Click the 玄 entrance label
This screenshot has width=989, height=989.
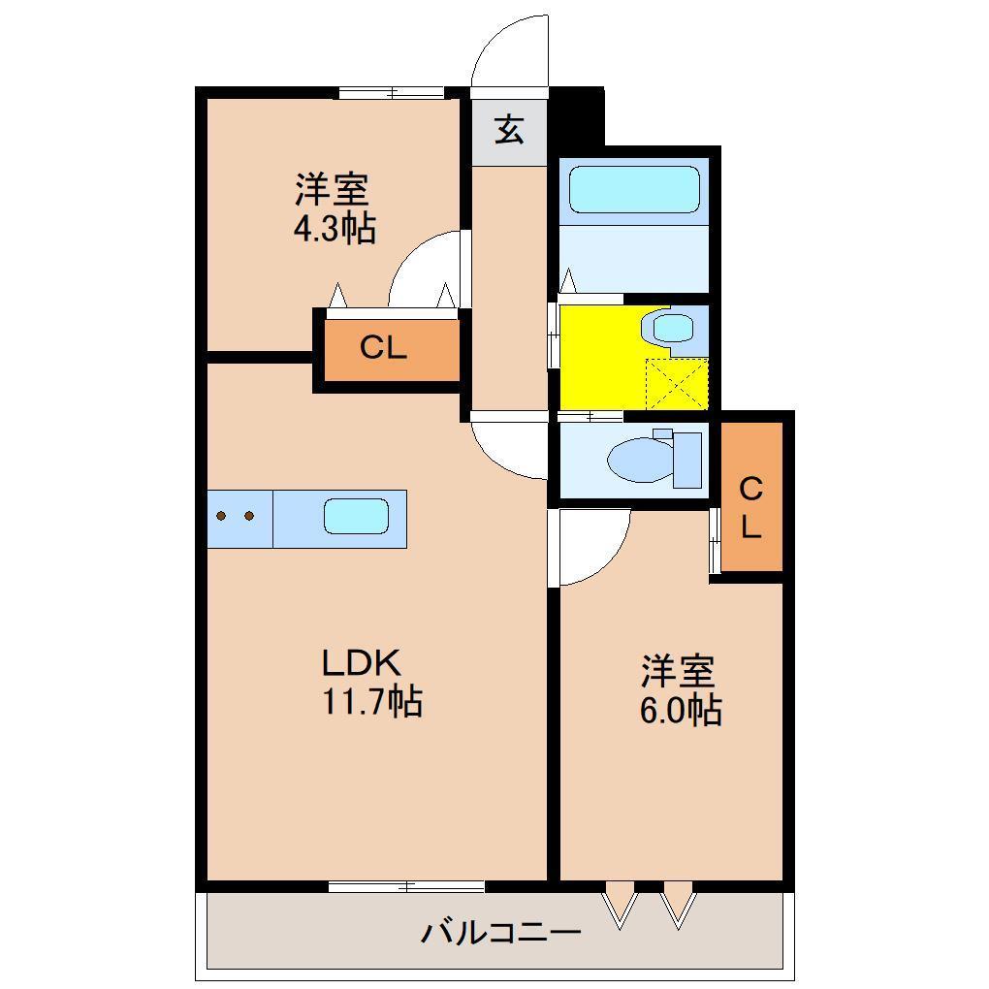pyautogui.click(x=510, y=129)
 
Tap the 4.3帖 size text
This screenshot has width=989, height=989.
pyautogui.click(x=334, y=229)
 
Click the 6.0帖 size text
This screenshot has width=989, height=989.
pyautogui.click(x=679, y=711)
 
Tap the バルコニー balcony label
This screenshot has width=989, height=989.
pyautogui.click(x=500, y=934)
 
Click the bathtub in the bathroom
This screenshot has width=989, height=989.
pyautogui.click(x=634, y=189)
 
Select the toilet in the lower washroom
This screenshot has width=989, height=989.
pyautogui.click(x=645, y=459)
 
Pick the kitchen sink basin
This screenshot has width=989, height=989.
pyautogui.click(x=356, y=517)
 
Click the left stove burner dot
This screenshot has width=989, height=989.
pyautogui.click(x=222, y=517)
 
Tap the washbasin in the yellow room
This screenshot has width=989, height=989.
pyautogui.click(x=673, y=328)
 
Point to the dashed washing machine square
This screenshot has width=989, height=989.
pyautogui.click(x=677, y=384)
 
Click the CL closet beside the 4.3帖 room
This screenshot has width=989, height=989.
pyautogui.click(x=385, y=348)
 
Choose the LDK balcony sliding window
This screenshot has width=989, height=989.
pyautogui.click(x=406, y=885)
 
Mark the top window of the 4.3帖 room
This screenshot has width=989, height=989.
pyautogui.click(x=392, y=93)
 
